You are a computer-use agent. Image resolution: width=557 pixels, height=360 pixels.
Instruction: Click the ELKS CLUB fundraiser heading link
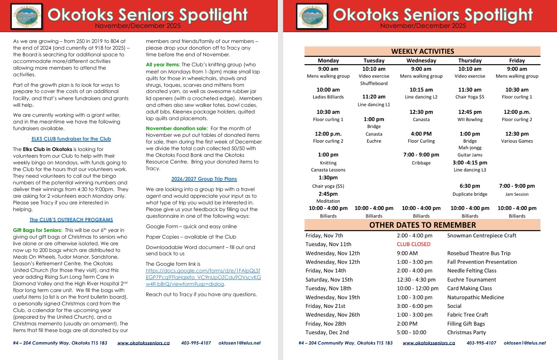point(71,138)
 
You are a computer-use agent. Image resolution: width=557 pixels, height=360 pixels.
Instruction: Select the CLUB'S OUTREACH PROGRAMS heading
point(71,219)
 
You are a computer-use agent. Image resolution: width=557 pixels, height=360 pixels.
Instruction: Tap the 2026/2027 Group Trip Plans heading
point(204,179)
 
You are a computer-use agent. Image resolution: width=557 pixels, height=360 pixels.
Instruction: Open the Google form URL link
point(203,277)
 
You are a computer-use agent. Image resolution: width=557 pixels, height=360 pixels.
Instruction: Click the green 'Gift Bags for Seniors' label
point(37,230)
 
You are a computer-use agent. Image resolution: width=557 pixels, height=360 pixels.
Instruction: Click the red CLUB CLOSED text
point(413,244)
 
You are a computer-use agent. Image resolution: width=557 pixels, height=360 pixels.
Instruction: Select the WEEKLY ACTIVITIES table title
point(422,51)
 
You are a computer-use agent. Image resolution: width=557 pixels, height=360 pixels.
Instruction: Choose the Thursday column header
point(469,60)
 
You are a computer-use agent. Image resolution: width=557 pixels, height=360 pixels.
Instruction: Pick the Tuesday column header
point(374,60)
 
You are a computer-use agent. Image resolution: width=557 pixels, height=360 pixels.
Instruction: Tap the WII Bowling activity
point(469,119)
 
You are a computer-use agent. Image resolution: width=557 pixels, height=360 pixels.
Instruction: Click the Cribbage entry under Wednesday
point(421,163)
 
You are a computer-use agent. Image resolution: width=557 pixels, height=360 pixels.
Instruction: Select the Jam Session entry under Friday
point(517,194)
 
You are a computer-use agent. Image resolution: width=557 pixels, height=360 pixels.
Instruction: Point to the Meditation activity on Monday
point(328,201)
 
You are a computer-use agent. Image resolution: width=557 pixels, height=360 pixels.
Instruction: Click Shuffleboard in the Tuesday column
point(374,83)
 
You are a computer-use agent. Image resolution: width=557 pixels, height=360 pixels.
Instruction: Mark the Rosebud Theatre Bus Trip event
point(479,253)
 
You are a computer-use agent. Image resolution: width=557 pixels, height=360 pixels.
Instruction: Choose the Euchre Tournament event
point(472,279)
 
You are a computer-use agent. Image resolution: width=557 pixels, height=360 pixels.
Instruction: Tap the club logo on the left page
point(27,16)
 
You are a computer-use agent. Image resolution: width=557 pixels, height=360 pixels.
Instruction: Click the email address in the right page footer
point(524,343)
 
